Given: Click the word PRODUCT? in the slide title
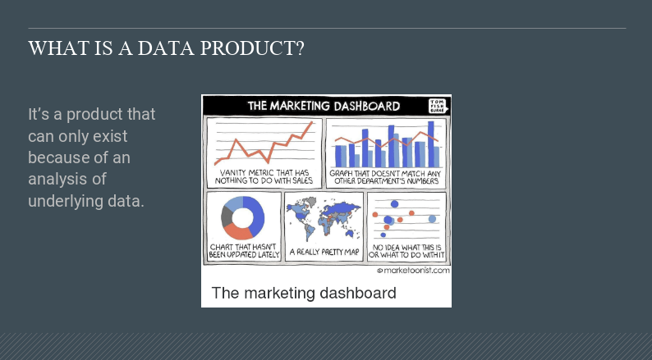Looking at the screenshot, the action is click(x=252, y=48).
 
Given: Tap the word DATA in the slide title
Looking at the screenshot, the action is click(x=166, y=48).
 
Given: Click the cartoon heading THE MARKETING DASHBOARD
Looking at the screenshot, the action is click(x=324, y=106).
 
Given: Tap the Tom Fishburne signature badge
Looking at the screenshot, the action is click(x=438, y=106).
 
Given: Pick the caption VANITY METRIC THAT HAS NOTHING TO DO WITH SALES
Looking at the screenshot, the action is click(x=264, y=176).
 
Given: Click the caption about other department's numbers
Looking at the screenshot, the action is click(x=386, y=177).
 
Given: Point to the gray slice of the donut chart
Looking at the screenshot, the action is click(x=227, y=216).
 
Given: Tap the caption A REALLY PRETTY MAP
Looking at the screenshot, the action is click(x=324, y=252).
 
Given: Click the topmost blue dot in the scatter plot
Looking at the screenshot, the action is click(x=395, y=204).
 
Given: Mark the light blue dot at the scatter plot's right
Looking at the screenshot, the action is click(x=433, y=219).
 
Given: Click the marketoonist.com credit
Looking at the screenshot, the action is click(x=413, y=271).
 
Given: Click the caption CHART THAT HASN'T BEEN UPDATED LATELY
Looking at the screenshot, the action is click(x=244, y=251).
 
